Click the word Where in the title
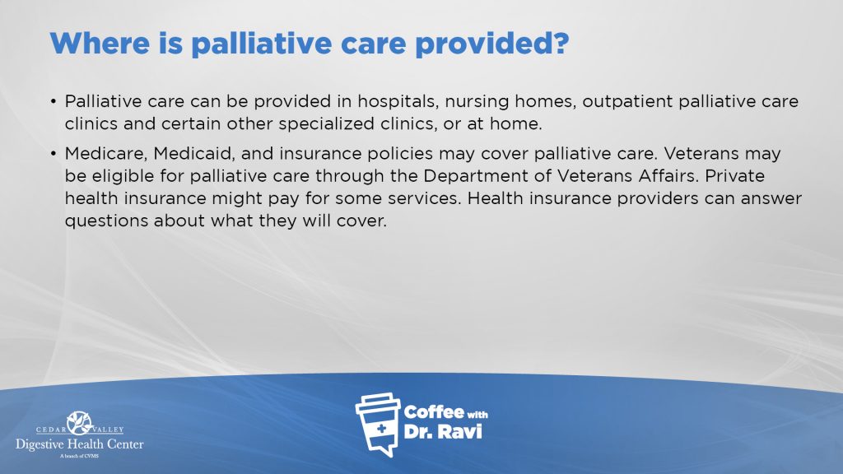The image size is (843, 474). (100, 43)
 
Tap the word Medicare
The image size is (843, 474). (106, 154)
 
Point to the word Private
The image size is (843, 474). (734, 176)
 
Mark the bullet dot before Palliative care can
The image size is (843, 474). (54, 101)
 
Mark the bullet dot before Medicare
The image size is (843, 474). (54, 154)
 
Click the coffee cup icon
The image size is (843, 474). (379, 425)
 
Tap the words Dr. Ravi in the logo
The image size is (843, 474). (442, 431)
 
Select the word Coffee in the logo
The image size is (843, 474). (434, 412)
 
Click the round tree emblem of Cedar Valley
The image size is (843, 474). (80, 423)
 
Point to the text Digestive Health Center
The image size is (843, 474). (80, 444)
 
